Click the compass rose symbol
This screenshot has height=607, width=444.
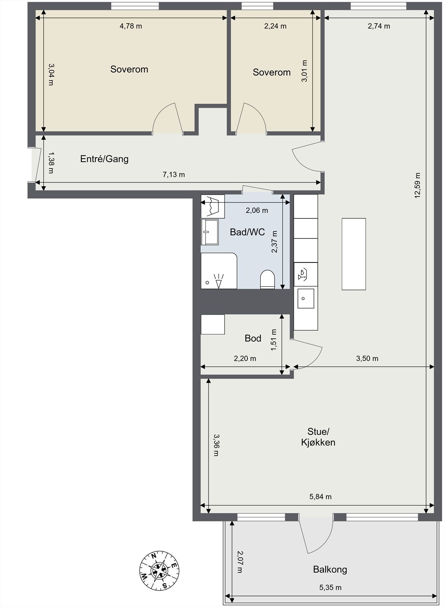(159, 570)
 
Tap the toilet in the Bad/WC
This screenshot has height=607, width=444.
(268, 279)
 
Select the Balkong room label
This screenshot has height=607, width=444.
(330, 569)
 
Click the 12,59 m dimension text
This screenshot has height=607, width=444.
(417, 186)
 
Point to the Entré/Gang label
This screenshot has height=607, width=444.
(104, 159)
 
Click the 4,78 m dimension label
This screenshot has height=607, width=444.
(131, 26)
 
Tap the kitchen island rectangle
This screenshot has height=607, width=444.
(354, 254)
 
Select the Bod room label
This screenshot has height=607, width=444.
(253, 338)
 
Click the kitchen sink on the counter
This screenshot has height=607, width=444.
(305, 299)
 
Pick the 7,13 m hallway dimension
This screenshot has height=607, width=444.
(174, 175)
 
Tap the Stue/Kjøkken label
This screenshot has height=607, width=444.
(318, 437)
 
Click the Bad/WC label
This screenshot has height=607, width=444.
(247, 232)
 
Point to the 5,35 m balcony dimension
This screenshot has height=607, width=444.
(330, 588)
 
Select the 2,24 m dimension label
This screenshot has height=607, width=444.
(275, 26)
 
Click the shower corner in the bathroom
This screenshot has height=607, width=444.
(219, 271)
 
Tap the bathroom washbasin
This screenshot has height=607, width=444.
(209, 231)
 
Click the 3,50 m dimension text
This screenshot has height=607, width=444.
(367, 359)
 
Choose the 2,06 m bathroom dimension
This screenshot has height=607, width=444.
(257, 210)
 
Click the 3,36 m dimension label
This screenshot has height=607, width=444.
(216, 445)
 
